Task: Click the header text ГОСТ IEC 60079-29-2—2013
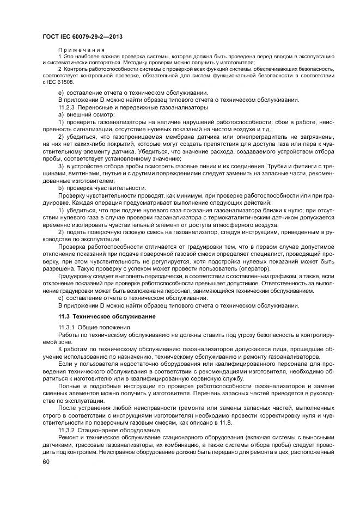[x=81, y=36]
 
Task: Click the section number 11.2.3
[x=69, y=107]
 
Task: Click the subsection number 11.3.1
[x=68, y=327]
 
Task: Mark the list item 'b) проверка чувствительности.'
[x=97, y=188]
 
